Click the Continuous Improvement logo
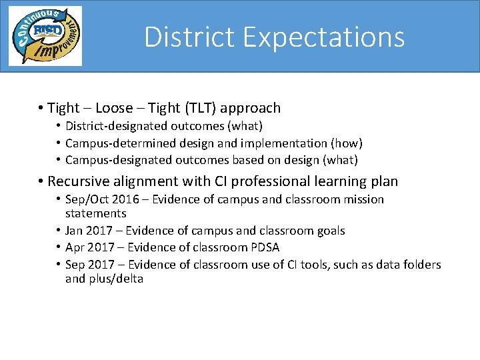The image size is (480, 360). [x=45, y=36]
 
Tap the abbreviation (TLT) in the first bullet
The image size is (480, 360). [x=198, y=108]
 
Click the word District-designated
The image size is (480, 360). [x=110, y=126]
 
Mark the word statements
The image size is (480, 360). [x=95, y=213]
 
